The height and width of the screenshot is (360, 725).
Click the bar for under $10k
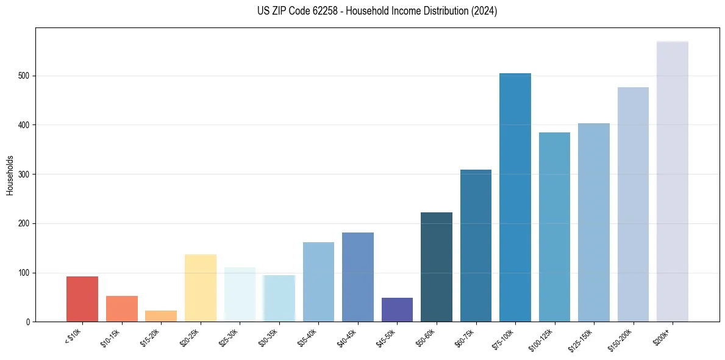(x=82, y=299)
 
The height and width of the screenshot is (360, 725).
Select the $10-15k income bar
(x=121, y=309)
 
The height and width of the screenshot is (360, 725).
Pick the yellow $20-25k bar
(x=201, y=288)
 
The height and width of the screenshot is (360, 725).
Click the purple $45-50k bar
(x=397, y=310)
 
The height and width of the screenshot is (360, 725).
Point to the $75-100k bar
(x=515, y=198)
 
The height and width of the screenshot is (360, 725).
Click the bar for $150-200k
(x=633, y=204)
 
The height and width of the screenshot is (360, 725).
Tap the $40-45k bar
(x=358, y=277)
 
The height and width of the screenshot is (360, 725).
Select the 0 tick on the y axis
(x=28, y=322)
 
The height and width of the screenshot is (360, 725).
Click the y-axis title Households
(x=10, y=175)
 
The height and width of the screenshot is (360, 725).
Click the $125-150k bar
(x=594, y=223)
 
